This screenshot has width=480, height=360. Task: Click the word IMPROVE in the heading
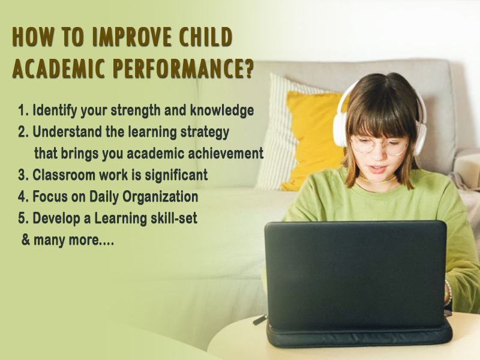point(131,37)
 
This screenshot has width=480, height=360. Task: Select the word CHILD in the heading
point(206,37)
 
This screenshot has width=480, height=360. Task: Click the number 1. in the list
point(23,110)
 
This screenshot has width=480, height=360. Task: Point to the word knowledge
point(222,110)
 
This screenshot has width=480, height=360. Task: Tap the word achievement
point(226,153)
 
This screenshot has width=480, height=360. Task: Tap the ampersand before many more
point(26,239)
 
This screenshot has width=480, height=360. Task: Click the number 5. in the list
point(23,218)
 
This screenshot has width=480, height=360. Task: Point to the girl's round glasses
point(380,146)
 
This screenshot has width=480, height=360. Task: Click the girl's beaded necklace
point(377,181)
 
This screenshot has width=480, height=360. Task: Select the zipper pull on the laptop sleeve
point(260,320)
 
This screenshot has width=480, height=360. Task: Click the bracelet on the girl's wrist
point(448,293)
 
